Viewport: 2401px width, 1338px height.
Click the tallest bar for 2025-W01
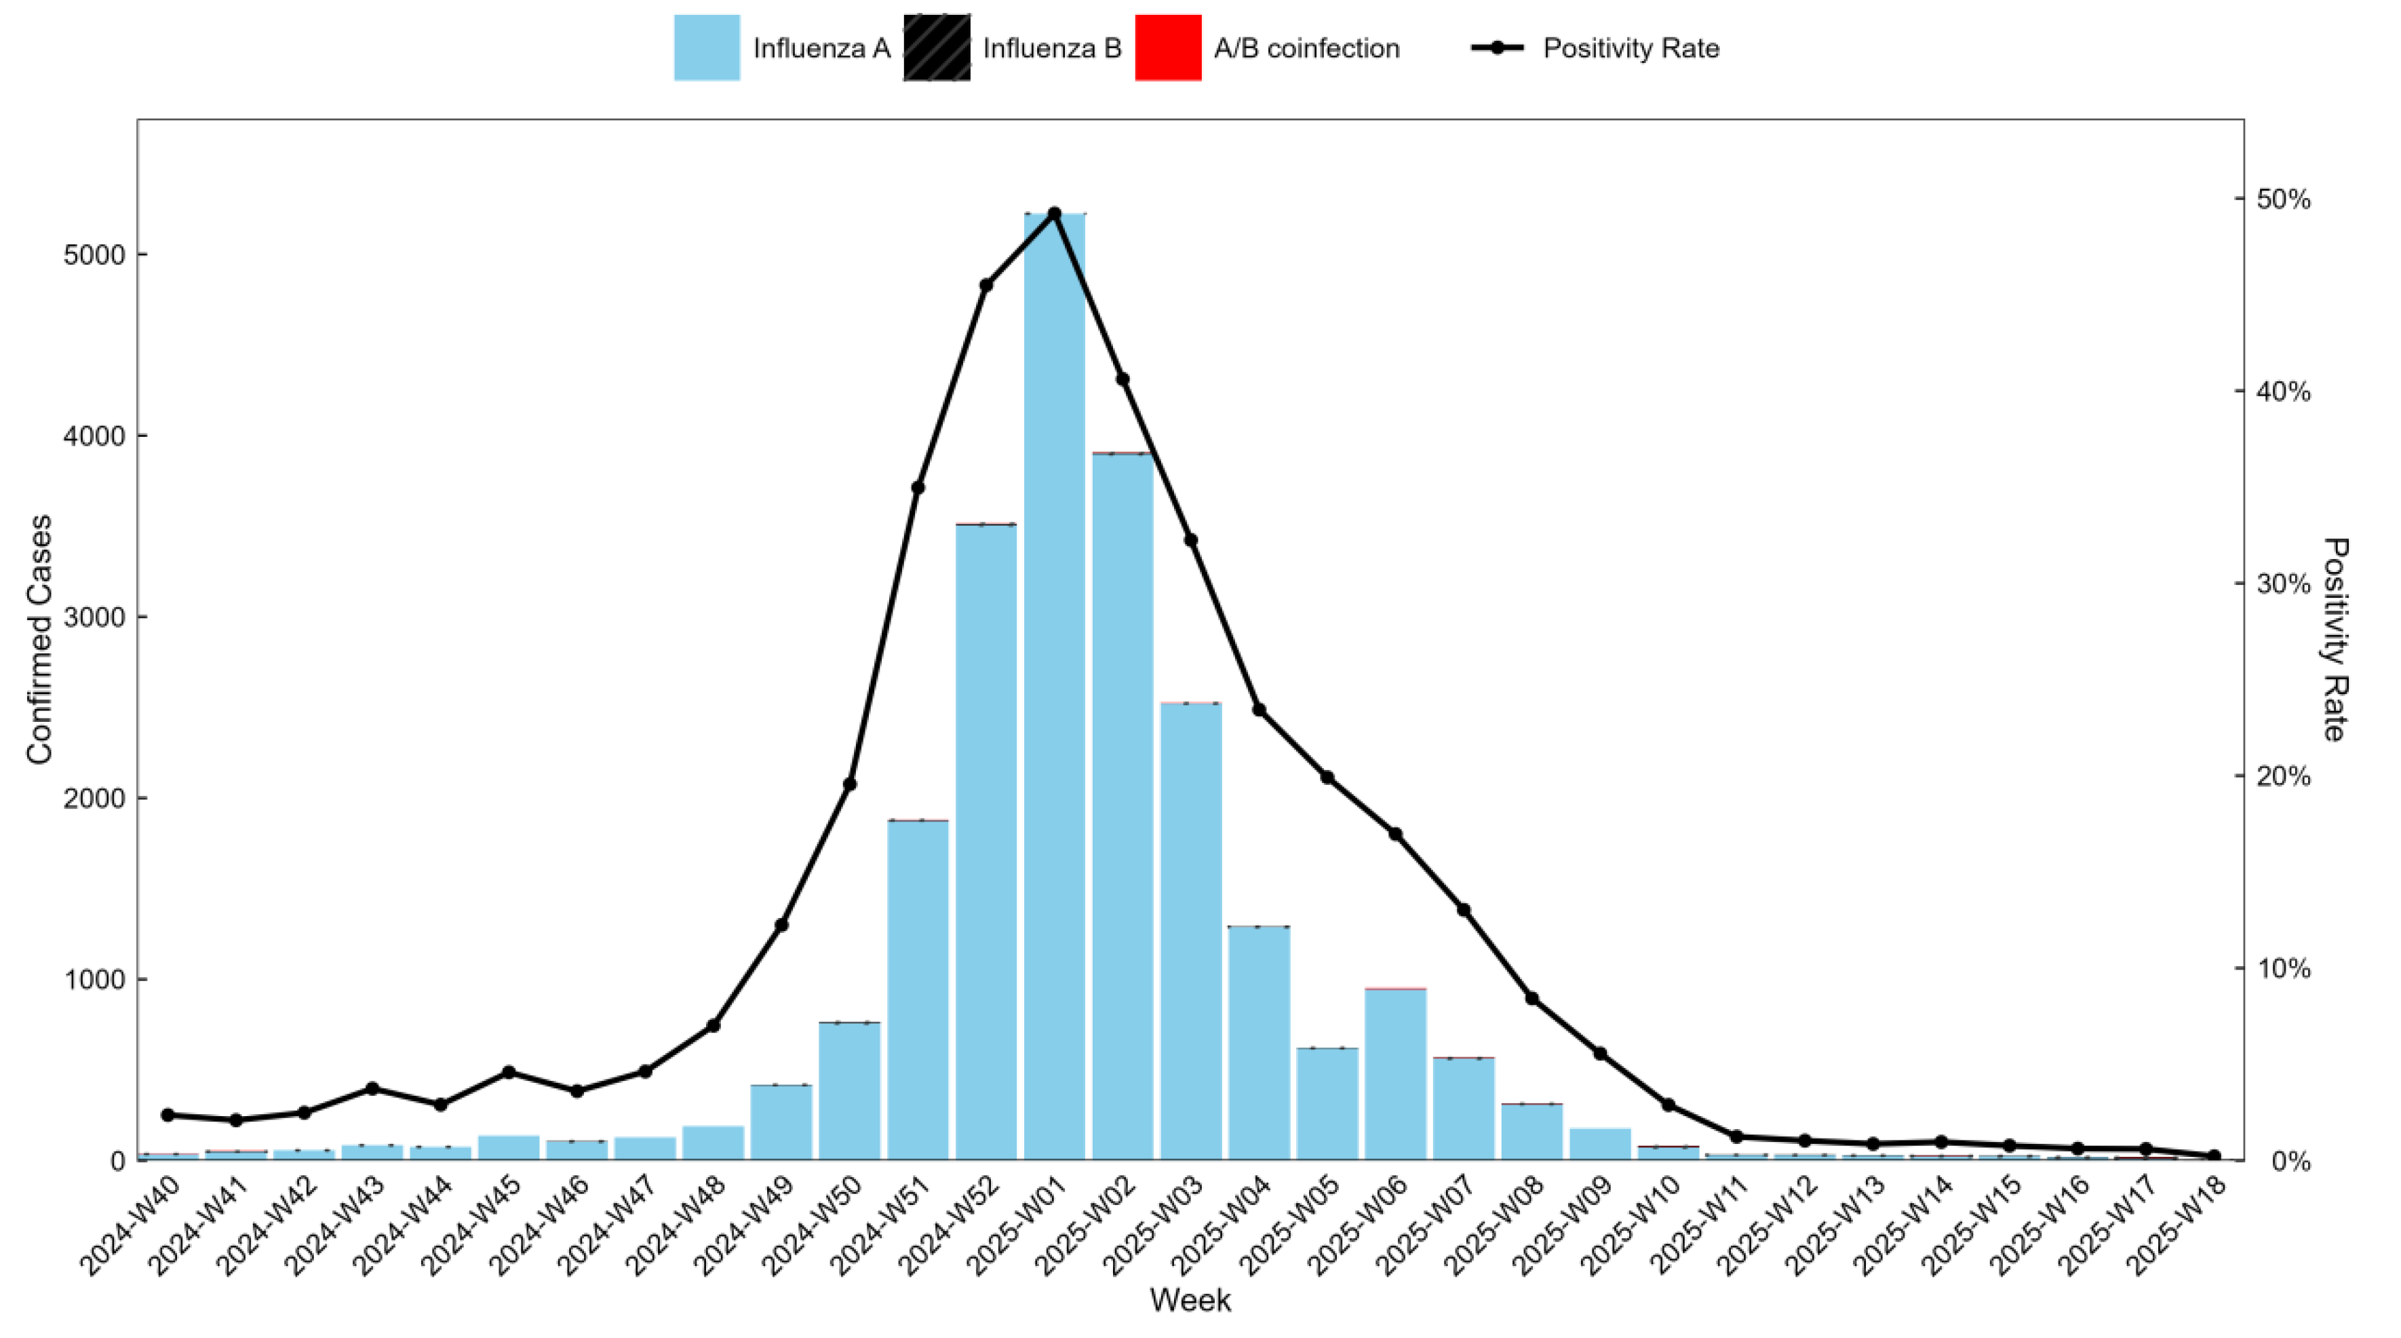click(x=1054, y=690)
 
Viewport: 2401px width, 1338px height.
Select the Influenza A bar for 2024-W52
click(x=986, y=839)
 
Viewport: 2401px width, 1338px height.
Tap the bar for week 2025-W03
click(x=1190, y=932)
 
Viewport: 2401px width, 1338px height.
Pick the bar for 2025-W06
click(x=1395, y=1072)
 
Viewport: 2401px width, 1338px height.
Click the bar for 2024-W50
click(x=849, y=1091)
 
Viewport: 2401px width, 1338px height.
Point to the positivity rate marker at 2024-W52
click(x=986, y=286)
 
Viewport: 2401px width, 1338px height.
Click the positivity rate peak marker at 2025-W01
click(x=1054, y=214)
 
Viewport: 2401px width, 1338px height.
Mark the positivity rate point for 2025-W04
click(x=1260, y=710)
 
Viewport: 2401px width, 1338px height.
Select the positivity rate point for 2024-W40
click(x=168, y=1115)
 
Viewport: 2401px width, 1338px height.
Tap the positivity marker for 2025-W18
click(x=2214, y=1156)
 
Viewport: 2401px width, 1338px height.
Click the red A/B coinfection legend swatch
click(x=1168, y=47)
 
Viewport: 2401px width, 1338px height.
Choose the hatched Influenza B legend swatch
click(x=936, y=47)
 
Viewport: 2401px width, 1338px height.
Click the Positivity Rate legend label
click(x=1631, y=48)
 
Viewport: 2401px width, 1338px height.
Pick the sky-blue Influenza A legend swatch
click(x=707, y=47)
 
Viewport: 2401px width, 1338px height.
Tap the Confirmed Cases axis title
click(x=39, y=640)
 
